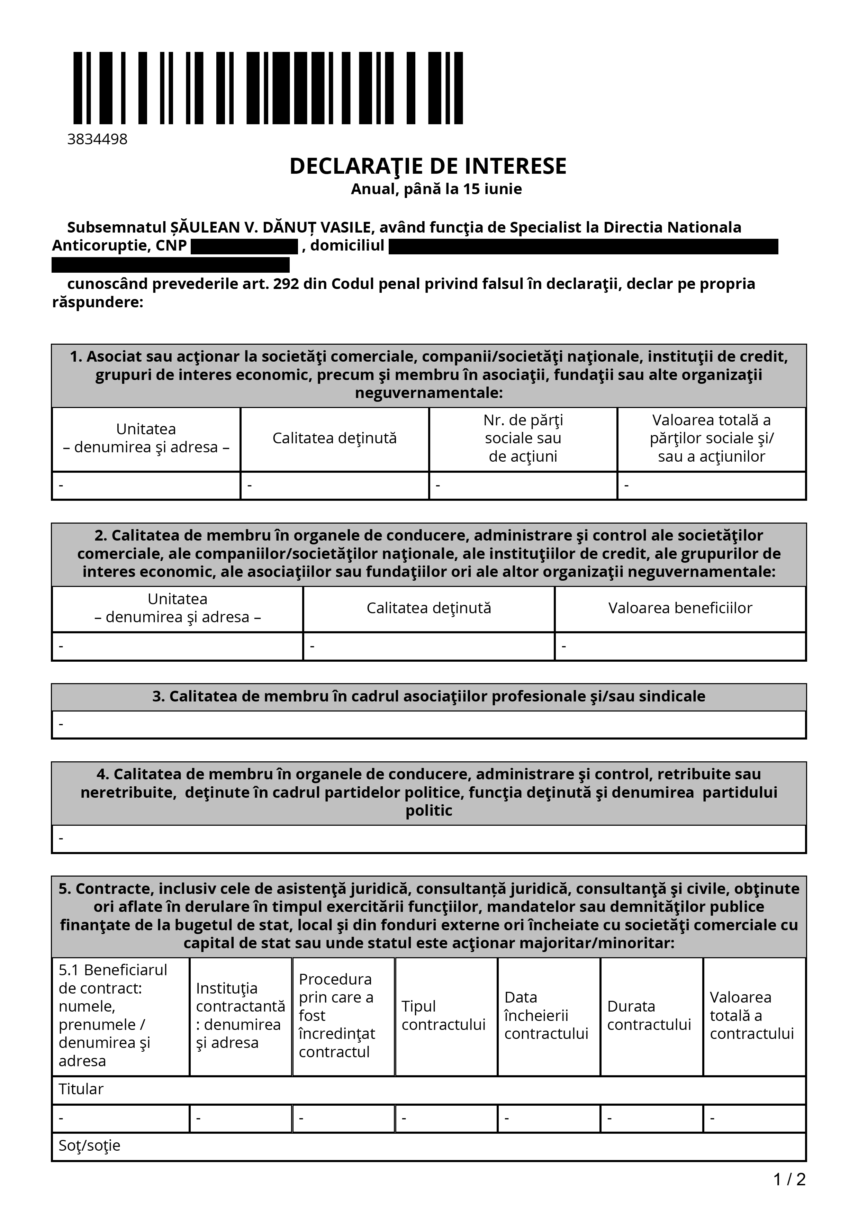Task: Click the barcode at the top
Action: (x=268, y=88)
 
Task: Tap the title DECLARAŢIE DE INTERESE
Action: (x=428, y=166)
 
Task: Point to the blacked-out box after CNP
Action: (x=244, y=246)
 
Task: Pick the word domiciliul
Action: (x=347, y=246)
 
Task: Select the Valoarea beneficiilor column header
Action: (x=680, y=608)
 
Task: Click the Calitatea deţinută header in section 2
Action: (x=429, y=608)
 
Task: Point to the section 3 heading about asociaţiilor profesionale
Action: (x=429, y=696)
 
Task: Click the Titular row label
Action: (x=81, y=1089)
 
